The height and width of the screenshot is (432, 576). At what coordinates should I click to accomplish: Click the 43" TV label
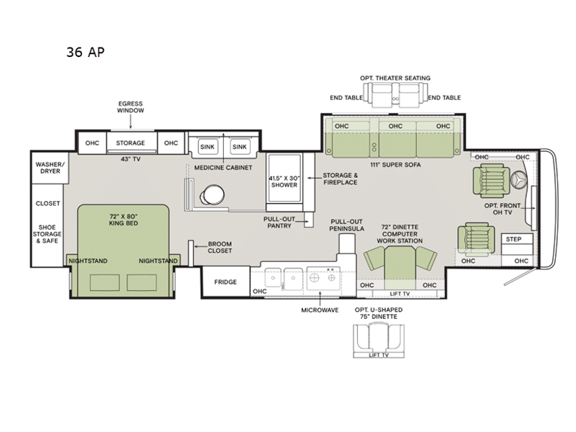[x=130, y=158]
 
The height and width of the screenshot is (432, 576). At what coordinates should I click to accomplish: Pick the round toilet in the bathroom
[x=214, y=194]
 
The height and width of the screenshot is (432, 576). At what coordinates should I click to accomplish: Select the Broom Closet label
[x=220, y=247]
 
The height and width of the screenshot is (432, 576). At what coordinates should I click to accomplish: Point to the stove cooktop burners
[x=321, y=275]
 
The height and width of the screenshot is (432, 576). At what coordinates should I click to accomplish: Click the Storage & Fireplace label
[x=341, y=179]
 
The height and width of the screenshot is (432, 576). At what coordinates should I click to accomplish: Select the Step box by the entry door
[x=513, y=239]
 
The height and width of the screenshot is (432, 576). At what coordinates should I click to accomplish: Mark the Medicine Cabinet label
[x=223, y=168]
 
